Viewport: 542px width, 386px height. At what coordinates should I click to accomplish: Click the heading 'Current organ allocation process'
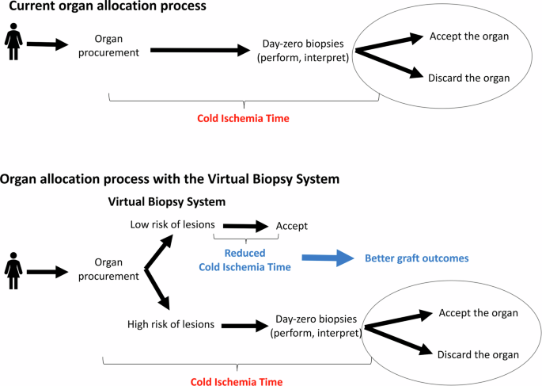[x=103, y=7]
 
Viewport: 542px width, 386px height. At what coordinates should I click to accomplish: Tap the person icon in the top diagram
[x=13, y=43]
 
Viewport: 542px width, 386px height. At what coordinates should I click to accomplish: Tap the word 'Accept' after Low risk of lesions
[x=291, y=226]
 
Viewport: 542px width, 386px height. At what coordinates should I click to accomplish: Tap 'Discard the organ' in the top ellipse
[x=468, y=78]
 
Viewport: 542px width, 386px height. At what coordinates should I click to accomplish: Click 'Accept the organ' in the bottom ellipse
[x=477, y=313]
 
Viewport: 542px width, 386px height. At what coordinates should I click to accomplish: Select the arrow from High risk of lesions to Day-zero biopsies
[x=243, y=324]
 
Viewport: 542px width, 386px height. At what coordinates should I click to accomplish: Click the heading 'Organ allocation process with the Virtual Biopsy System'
[x=170, y=179]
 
